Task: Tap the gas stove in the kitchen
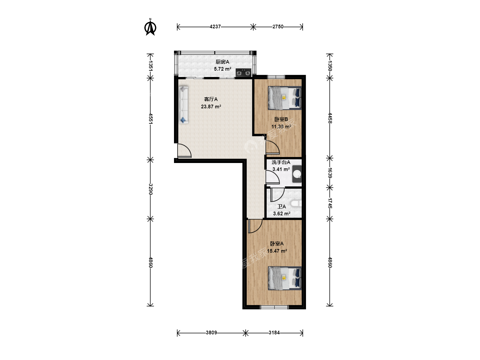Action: [x=243, y=73]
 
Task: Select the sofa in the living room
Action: [x=183, y=105]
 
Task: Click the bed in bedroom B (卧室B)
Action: [x=285, y=98]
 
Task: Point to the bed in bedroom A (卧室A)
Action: [x=285, y=278]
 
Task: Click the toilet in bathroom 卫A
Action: [x=296, y=203]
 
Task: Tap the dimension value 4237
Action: [x=215, y=27]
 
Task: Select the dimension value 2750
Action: [x=278, y=27]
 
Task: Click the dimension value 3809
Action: [x=211, y=333]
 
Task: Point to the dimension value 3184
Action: [x=274, y=333]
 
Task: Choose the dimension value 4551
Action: [x=150, y=118]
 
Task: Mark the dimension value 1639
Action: [x=330, y=173]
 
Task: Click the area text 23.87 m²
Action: [x=211, y=107]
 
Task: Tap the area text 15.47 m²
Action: [x=277, y=251]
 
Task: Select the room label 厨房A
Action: [x=222, y=62]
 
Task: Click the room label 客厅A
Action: [x=211, y=99]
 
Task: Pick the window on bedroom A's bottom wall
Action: [x=274, y=307]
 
